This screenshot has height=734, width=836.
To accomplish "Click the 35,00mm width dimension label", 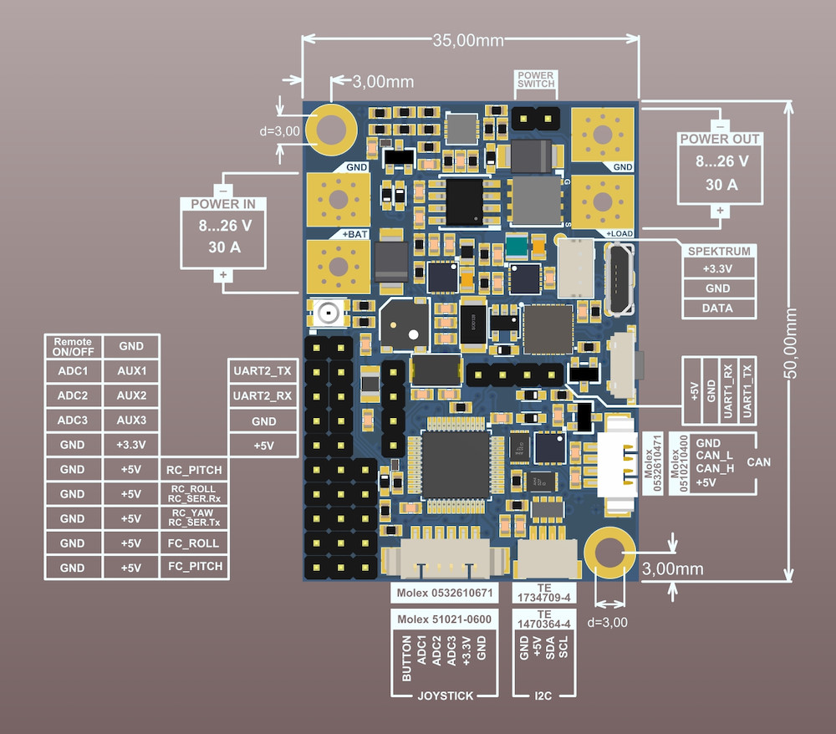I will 469,39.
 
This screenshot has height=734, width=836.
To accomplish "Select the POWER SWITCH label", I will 536,80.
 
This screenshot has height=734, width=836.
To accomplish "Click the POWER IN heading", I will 223,205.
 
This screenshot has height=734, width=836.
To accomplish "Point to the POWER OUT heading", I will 719,139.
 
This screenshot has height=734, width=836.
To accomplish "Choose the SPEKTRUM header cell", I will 718,251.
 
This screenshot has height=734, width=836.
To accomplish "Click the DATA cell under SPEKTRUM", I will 718,308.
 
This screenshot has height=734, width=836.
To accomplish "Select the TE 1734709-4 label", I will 543,593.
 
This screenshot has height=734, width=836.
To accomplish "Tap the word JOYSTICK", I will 445,695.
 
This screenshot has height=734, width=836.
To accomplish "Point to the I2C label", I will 543,695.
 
